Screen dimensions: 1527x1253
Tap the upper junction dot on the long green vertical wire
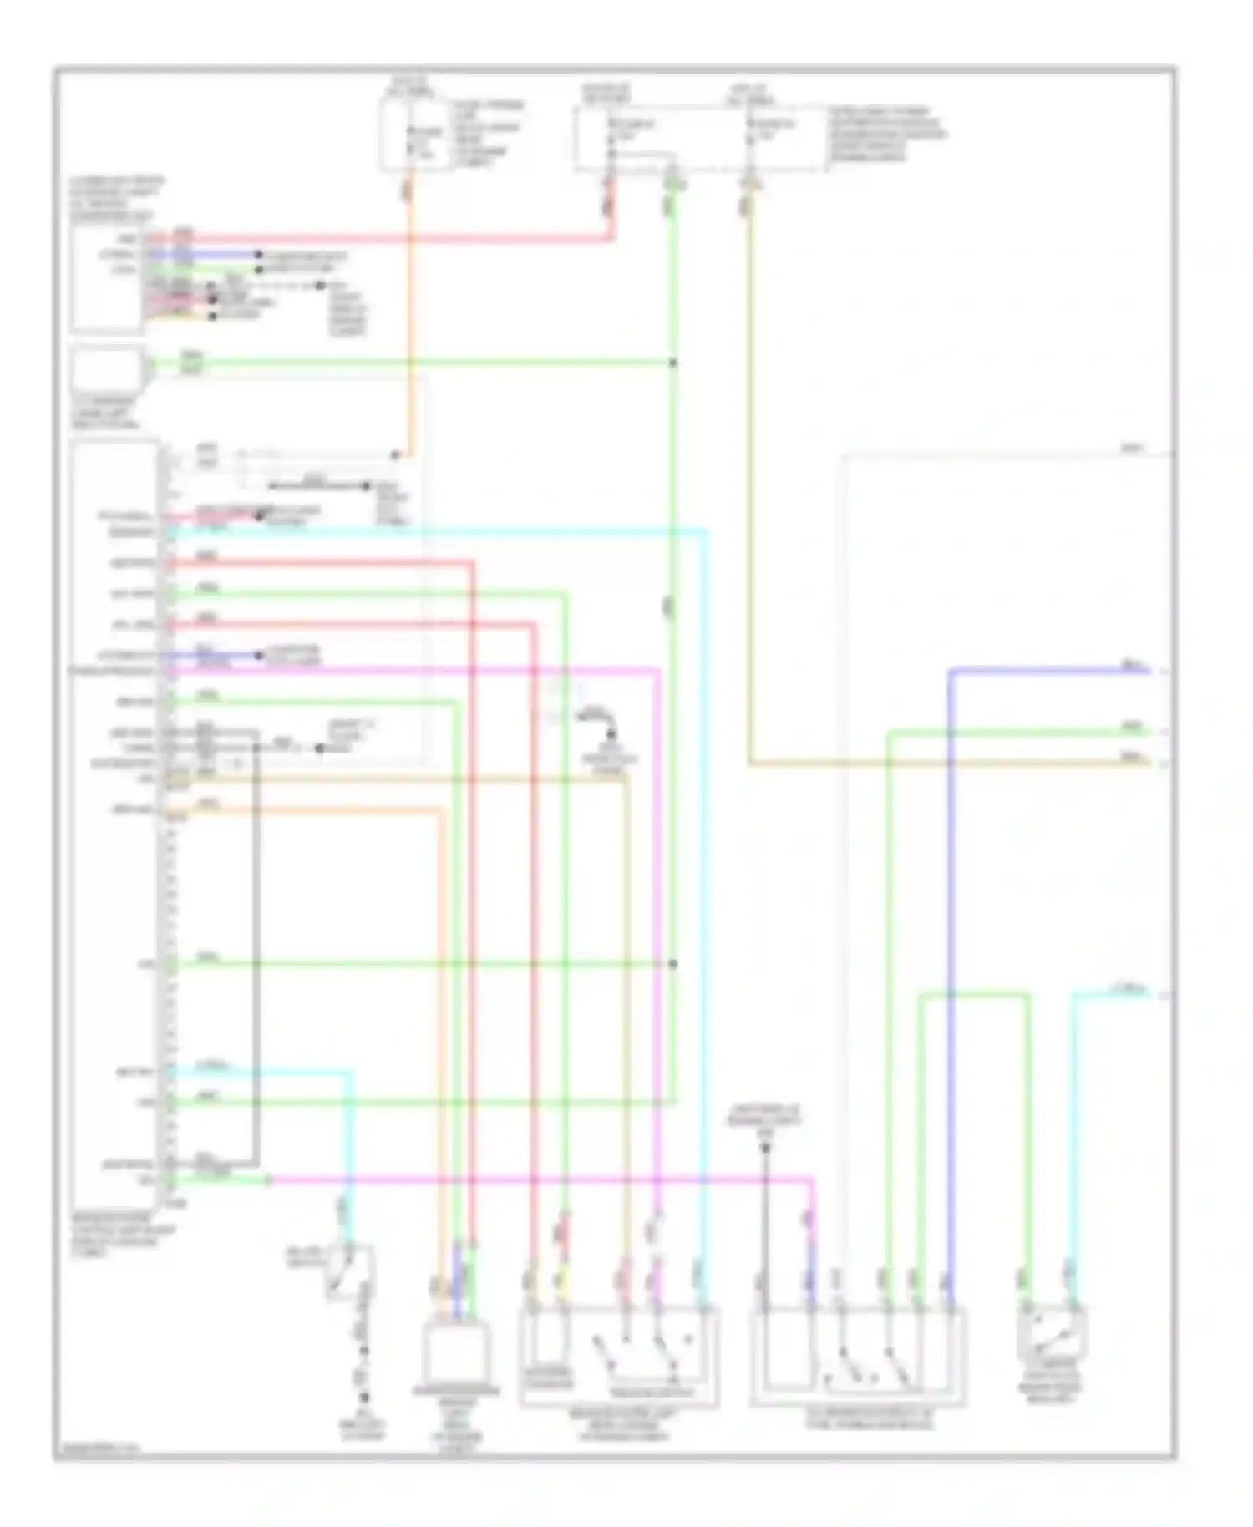coord(673,363)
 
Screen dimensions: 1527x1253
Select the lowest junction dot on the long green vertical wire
coord(673,964)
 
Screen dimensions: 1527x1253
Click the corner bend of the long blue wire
coord(951,671)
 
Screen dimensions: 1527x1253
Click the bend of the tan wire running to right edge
coord(749,763)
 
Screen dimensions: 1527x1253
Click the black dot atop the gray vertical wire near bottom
coord(764,1148)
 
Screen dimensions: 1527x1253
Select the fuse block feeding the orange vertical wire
coord(418,134)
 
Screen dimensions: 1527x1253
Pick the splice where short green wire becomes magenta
coord(269,1180)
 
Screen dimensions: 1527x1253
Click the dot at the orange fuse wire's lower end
coord(398,455)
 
